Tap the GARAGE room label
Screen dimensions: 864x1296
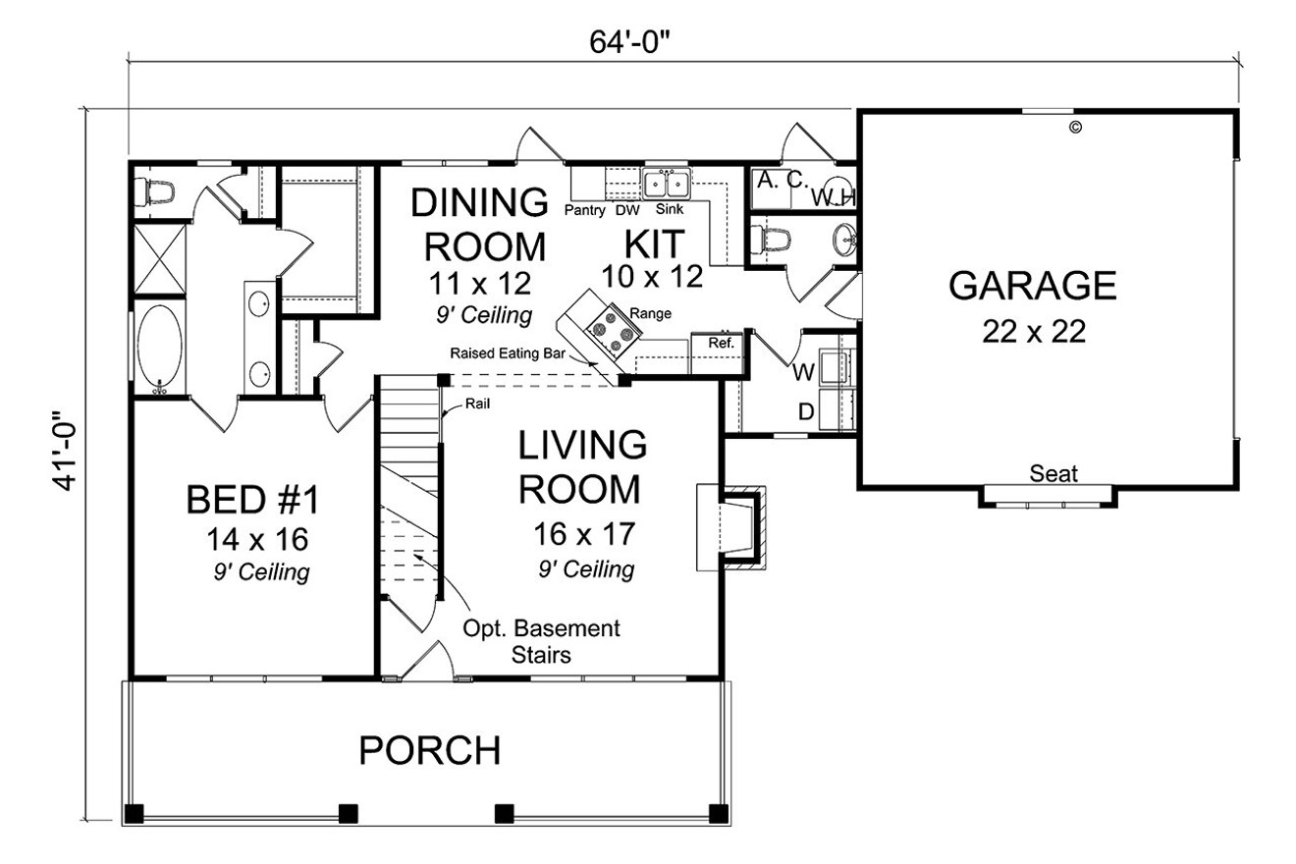(1033, 286)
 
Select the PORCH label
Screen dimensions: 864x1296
(430, 751)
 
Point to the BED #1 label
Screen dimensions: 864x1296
(253, 500)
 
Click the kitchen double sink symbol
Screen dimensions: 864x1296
(667, 184)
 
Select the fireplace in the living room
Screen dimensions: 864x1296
(731, 525)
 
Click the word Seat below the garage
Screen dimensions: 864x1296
(1053, 474)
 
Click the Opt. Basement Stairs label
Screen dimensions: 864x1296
(543, 641)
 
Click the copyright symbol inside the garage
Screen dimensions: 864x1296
(1075, 127)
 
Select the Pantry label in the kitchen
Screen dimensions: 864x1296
(584, 210)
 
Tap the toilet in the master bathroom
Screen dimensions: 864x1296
(157, 189)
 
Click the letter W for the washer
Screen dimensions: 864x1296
(802, 372)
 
